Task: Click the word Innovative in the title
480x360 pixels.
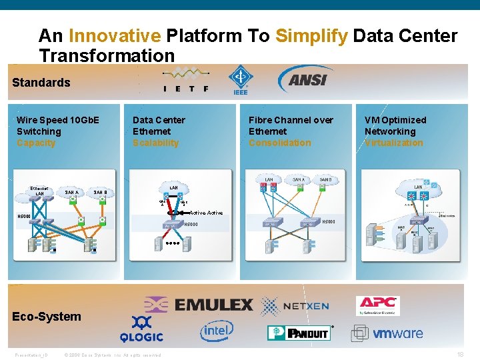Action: click(114, 36)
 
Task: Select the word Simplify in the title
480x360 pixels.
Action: click(311, 36)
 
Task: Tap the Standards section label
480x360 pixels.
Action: click(41, 83)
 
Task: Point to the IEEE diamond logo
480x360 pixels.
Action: click(239, 80)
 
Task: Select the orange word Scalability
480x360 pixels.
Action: click(155, 143)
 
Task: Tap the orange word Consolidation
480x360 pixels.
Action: click(279, 143)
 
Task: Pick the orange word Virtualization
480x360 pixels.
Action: click(393, 143)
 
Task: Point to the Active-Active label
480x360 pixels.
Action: click(205, 213)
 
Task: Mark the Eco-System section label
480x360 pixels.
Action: click(47, 317)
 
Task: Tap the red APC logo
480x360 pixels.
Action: click(377, 305)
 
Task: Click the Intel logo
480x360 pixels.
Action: click(217, 331)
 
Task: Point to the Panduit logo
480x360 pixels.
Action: click(299, 332)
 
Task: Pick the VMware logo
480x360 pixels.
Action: click(388, 333)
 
